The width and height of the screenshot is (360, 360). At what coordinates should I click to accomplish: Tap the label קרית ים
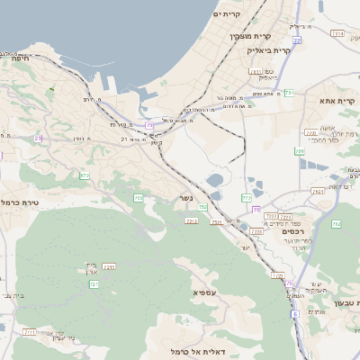pyautogui.click(x=228, y=14)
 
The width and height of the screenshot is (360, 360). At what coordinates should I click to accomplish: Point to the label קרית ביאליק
pyautogui.click(x=269, y=50)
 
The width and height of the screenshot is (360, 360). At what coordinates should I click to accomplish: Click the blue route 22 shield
pyautogui.click(x=296, y=40)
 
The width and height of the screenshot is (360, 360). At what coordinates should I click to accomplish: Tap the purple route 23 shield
pyautogui.click(x=39, y=138)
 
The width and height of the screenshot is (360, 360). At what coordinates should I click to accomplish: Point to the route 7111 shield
pyautogui.click(x=30, y=332)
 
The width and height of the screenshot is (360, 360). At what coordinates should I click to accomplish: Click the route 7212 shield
pyautogui.click(x=191, y=220)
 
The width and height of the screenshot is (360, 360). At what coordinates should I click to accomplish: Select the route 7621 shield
pyautogui.click(x=318, y=191)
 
